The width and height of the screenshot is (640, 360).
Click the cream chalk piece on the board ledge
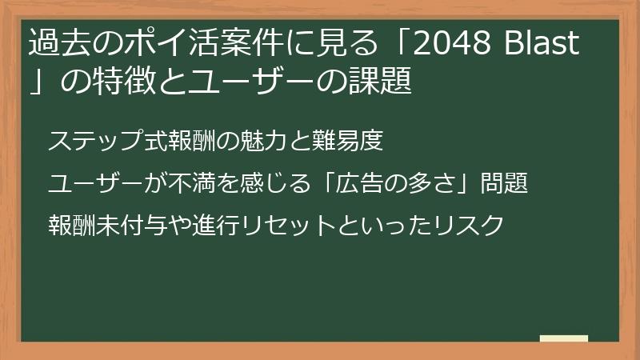tap(564, 339)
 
